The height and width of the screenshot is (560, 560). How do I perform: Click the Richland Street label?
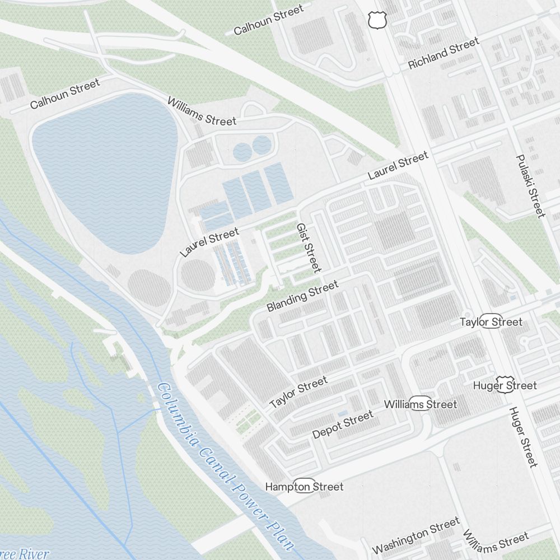coord(444,53)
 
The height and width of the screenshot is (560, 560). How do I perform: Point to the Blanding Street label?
coord(302,297)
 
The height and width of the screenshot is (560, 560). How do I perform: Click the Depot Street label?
coord(343,425)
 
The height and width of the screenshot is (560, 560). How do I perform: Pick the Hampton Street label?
coord(304,487)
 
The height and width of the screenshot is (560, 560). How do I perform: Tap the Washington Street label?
coord(416,536)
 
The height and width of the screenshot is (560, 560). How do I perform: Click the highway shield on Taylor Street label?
coord(491,321)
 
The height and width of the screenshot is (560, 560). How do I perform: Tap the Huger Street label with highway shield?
coord(505,385)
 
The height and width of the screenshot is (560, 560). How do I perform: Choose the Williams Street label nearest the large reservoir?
coord(202,110)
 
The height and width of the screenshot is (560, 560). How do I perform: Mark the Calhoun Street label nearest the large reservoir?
coord(65,94)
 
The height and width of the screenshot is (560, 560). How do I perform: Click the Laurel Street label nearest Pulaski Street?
coord(398,166)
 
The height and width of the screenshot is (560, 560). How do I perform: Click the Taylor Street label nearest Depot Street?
coord(298,392)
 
